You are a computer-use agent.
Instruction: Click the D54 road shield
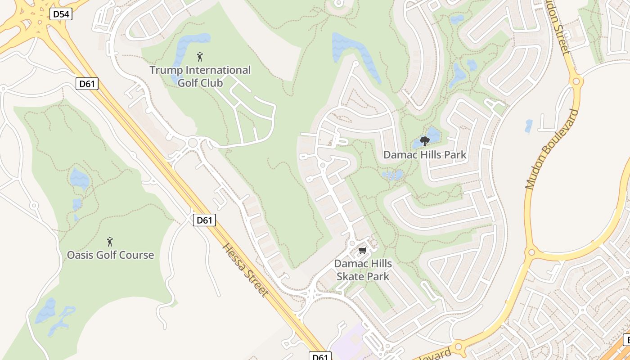click(61, 14)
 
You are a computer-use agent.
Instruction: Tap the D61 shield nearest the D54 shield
click(87, 83)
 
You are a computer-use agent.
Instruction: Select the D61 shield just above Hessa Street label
click(205, 220)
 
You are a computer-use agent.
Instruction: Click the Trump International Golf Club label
click(200, 76)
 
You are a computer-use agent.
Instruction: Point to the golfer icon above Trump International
click(200, 57)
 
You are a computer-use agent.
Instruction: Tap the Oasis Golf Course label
click(110, 255)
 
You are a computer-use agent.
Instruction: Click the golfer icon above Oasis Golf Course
click(109, 242)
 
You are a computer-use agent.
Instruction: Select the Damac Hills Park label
click(425, 155)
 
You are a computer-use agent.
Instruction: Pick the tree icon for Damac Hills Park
click(424, 141)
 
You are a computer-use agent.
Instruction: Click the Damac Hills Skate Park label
click(363, 270)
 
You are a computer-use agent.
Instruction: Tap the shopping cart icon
click(363, 250)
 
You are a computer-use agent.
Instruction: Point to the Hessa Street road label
click(246, 270)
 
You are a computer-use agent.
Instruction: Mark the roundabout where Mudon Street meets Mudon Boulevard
click(576, 81)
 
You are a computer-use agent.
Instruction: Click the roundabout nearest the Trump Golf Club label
click(194, 143)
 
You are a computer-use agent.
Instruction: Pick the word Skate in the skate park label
click(350, 276)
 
